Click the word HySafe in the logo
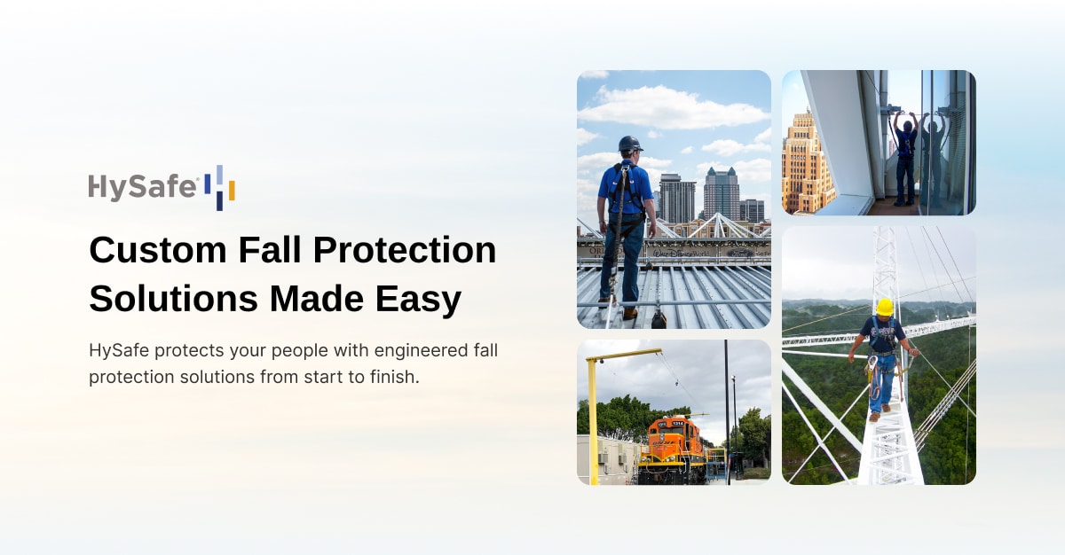coord(142,187)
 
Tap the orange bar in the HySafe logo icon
coord(232,191)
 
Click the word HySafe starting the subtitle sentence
coord(119,350)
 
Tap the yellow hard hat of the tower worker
coord(884,307)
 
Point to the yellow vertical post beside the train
coord(591,417)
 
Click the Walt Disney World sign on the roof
coord(682,252)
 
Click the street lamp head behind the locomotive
coord(733,379)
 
